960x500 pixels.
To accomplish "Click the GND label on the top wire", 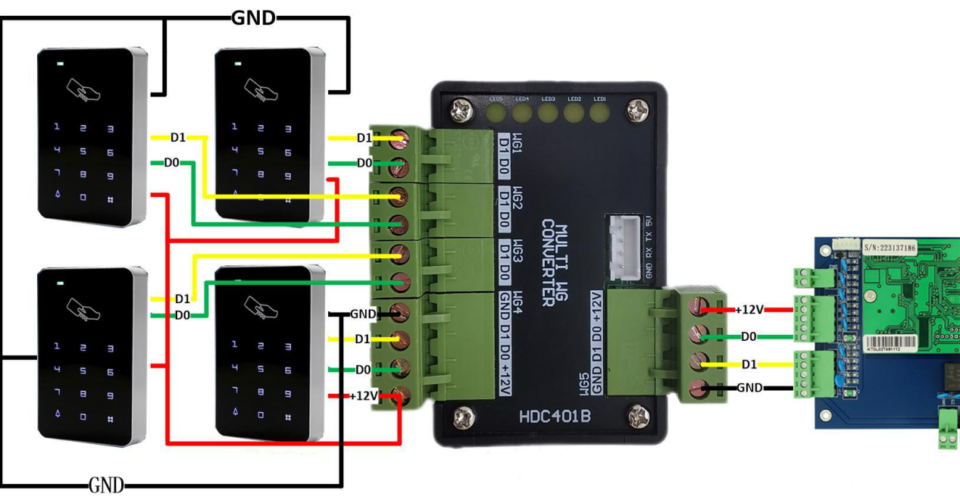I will (x=253, y=18).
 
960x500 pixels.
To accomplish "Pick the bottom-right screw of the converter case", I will (x=638, y=414).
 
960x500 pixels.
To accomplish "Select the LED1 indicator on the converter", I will (x=600, y=113).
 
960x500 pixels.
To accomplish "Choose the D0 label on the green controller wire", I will (x=749, y=336).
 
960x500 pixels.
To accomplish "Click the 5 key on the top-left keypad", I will (x=83, y=152).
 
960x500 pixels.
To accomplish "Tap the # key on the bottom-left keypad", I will (x=110, y=417).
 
